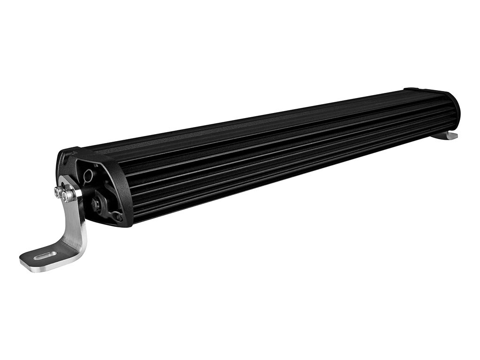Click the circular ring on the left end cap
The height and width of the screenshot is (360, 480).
(x=87, y=175)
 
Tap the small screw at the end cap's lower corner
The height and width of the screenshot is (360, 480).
(x=118, y=217)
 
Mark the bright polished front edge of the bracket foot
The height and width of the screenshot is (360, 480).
(x=52, y=267)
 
